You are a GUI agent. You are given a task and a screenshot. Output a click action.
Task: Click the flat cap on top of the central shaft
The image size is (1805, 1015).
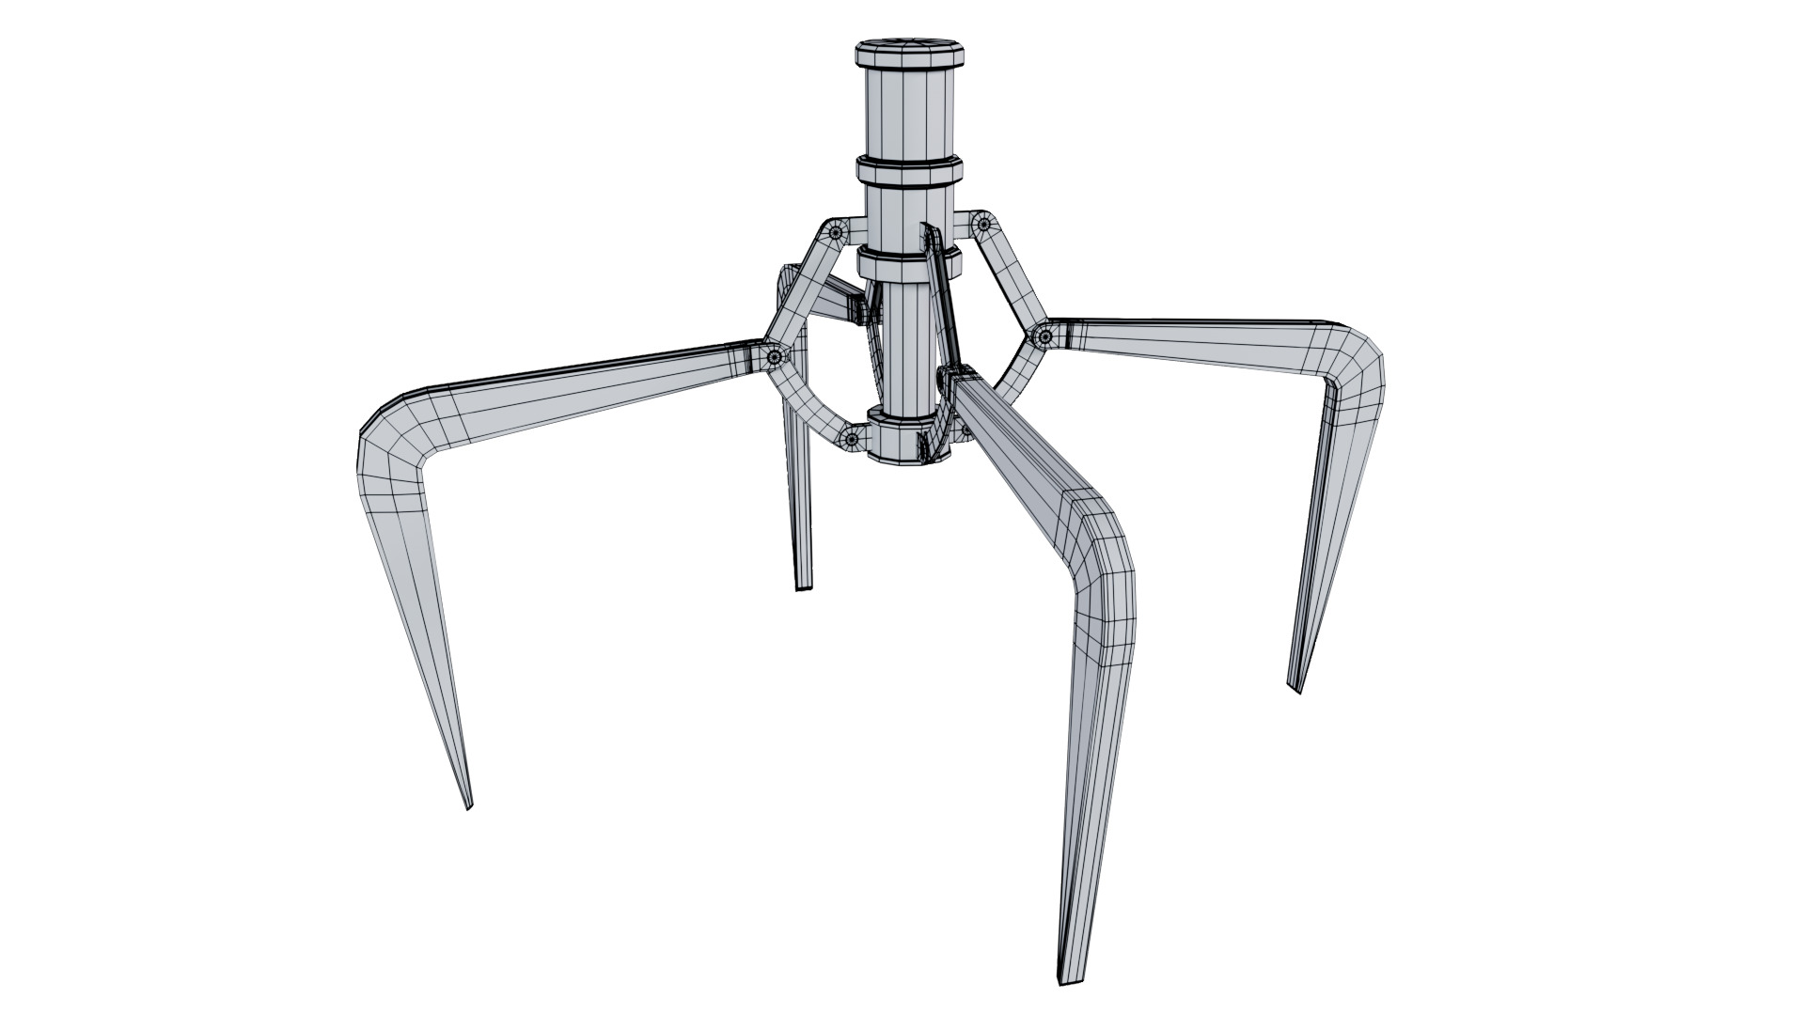point(908,51)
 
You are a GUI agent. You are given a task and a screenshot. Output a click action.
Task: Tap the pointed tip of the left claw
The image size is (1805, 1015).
point(468,804)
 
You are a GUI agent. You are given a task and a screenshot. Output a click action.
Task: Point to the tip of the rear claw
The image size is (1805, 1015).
point(803,587)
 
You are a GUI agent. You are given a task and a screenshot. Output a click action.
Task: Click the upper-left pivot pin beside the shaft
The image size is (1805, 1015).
point(836,230)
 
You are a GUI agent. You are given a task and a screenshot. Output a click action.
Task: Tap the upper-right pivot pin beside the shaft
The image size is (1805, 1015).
point(983,225)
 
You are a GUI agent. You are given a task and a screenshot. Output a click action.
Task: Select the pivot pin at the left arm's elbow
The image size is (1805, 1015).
point(775,356)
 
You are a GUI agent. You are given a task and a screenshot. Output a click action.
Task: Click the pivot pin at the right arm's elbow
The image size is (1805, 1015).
point(1044,336)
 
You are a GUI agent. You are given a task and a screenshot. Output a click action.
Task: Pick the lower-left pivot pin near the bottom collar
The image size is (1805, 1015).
point(852,438)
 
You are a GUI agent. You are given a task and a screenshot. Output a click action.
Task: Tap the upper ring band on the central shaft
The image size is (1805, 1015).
point(908,172)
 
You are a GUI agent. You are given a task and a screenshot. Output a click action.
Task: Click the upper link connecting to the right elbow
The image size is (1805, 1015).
point(1013,277)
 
